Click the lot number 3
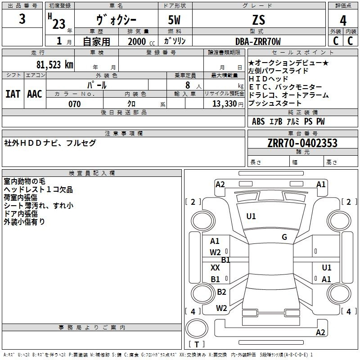tap(22, 18)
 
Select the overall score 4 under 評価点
tap(343, 21)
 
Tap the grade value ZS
tap(259, 20)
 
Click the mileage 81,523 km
tap(55, 65)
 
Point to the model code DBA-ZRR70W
tap(258, 41)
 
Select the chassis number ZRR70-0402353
tap(302, 143)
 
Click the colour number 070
tap(75, 104)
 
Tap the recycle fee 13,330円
tap(228, 104)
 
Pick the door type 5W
tap(174, 20)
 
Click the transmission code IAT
tap(13, 94)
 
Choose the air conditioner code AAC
tap(35, 94)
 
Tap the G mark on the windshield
tap(284, 237)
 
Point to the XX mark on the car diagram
tap(215, 267)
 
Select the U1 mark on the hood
tap(251, 216)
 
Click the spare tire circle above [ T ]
tap(197, 328)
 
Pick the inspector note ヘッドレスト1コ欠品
tap(38, 189)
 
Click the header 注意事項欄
tap(123, 133)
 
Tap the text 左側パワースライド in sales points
tap(278, 71)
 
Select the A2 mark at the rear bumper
tap(320, 333)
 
